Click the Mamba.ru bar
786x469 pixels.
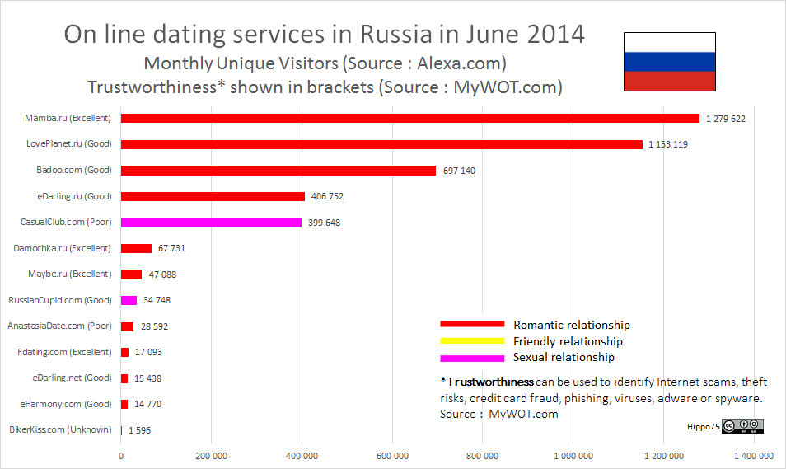(x=409, y=118)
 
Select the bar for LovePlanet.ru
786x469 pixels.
(x=381, y=144)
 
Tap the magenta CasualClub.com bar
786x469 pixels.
(x=211, y=223)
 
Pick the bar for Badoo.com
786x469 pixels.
(x=278, y=171)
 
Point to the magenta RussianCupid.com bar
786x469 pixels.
(x=129, y=300)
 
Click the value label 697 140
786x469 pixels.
(x=459, y=171)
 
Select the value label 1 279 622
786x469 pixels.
(x=725, y=119)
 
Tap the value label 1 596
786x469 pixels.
(x=139, y=430)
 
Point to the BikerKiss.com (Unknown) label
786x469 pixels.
(x=59, y=430)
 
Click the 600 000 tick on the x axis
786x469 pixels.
(x=482, y=455)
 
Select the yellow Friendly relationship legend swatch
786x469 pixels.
(x=472, y=341)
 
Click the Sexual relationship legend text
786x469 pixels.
(x=564, y=358)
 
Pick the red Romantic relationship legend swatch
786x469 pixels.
(x=472, y=325)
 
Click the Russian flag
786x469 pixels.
(x=668, y=61)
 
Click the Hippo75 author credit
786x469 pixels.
(x=703, y=427)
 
